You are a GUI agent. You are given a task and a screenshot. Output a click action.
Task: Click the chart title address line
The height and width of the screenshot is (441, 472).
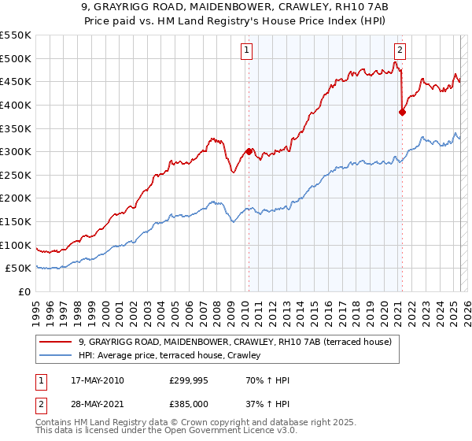point(235,7)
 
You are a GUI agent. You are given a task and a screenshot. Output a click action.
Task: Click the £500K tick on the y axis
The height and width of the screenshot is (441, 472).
point(16,58)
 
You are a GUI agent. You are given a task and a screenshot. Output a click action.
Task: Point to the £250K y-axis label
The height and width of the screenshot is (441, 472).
point(16,175)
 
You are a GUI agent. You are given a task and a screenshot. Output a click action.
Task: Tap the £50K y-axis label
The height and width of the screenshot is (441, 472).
point(19,269)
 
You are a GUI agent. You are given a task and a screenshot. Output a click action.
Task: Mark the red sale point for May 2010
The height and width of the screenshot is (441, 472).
point(249,152)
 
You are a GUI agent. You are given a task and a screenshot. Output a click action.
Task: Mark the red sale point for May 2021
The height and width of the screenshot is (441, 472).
point(402,112)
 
